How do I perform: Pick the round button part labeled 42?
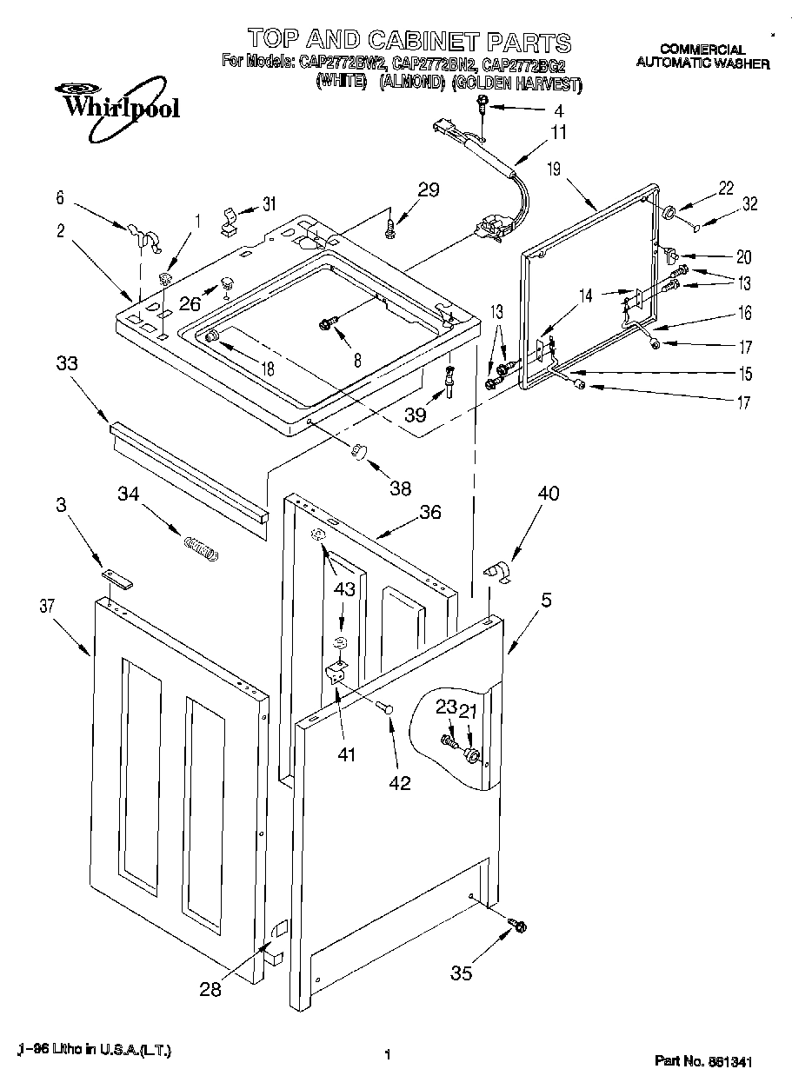[x=388, y=710]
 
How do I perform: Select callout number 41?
[x=347, y=755]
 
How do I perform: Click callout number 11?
[x=557, y=133]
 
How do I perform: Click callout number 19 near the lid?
[x=555, y=169]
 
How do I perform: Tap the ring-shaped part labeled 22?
[x=671, y=213]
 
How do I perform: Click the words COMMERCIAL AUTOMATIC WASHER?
[x=702, y=56]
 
